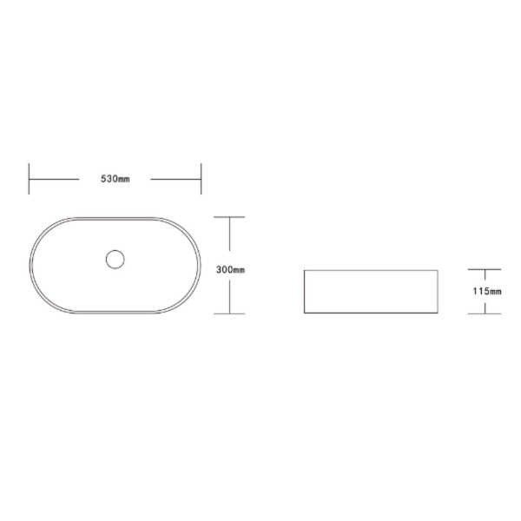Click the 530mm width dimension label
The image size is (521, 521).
coord(115,179)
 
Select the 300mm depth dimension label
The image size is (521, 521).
coord(230,270)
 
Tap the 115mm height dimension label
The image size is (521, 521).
coord(487,292)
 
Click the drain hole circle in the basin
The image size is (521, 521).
coord(115,260)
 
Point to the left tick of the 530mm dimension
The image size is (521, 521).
coord(29,179)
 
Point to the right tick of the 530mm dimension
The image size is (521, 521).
coord(201,179)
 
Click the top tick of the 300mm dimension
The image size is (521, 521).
coord(229,217)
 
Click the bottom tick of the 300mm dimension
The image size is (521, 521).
coord(229,313)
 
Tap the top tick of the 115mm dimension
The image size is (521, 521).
coord(485,269)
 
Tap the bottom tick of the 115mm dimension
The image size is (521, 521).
coord(485,313)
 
